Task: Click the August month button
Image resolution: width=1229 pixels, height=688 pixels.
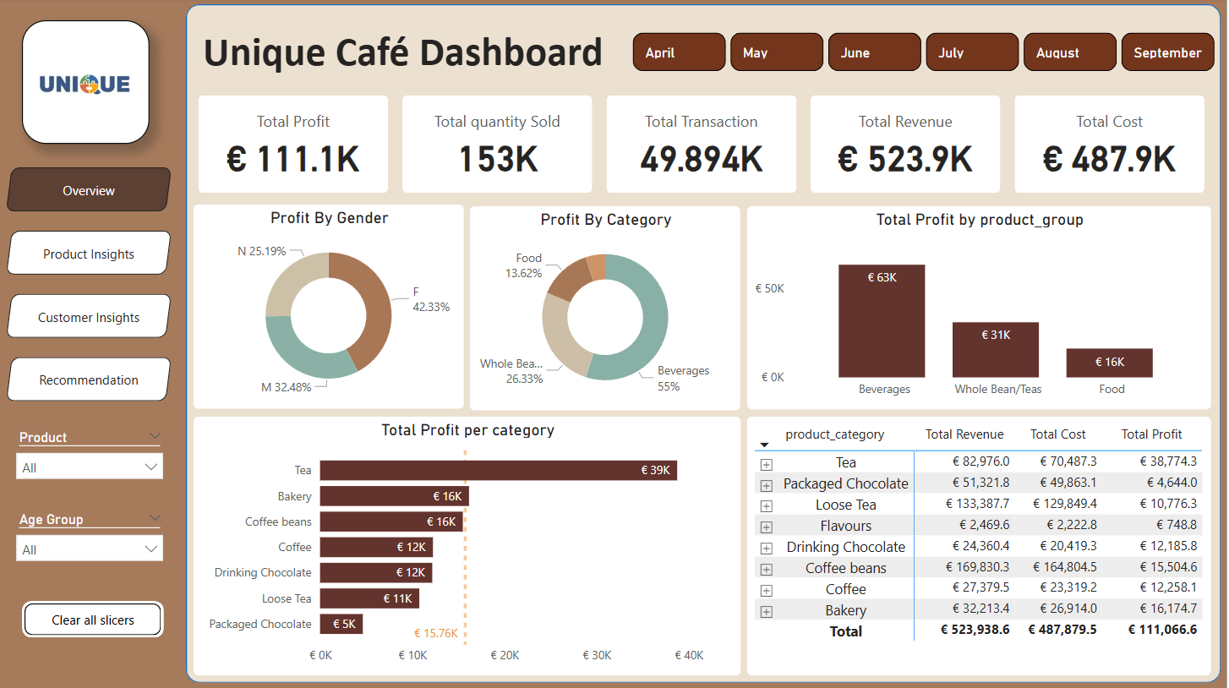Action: pos(1069,52)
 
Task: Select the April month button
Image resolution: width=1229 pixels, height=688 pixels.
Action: pos(679,52)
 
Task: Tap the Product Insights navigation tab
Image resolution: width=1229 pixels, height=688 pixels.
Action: pos(89,254)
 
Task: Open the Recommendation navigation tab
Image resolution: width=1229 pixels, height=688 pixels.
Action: pos(89,379)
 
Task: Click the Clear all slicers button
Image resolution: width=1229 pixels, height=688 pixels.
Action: pos(93,620)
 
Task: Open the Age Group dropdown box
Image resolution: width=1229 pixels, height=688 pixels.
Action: pos(90,549)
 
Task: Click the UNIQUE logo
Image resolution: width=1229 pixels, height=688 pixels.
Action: pos(85,83)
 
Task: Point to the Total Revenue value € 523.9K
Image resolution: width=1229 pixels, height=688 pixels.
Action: pos(904,159)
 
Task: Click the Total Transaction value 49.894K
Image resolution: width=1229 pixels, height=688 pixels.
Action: pos(701,159)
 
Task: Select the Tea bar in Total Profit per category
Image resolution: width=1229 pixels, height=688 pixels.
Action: pos(498,470)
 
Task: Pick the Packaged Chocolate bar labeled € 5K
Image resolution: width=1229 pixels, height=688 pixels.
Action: pos(341,624)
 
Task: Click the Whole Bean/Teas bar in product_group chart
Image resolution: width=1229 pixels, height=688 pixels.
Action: pos(995,350)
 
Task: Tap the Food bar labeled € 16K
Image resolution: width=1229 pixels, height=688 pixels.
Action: pos(1109,363)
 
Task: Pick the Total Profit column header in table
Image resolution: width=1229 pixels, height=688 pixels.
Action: pos(1151,434)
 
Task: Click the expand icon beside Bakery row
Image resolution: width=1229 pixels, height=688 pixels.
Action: pos(767,611)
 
